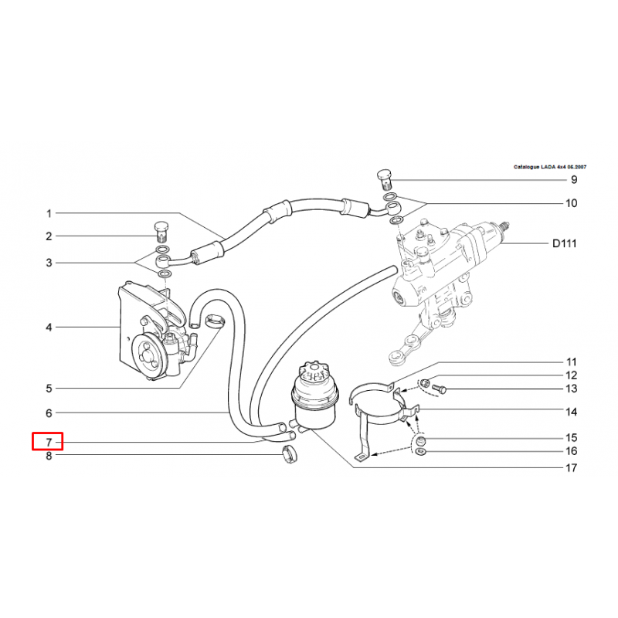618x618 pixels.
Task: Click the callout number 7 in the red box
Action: pyautogui.click(x=49, y=442)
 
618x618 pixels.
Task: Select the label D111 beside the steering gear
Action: pyautogui.click(x=565, y=243)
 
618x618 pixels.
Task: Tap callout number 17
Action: pyautogui.click(x=571, y=468)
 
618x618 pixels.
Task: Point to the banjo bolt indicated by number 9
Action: pyautogui.click(x=385, y=179)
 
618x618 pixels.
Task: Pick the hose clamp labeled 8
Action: pyautogui.click(x=290, y=454)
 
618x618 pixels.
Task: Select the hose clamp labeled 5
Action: pyautogui.click(x=216, y=321)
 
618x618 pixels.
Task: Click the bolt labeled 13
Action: pyautogui.click(x=439, y=389)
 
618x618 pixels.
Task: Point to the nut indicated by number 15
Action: pyautogui.click(x=421, y=440)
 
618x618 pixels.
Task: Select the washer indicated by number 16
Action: pyautogui.click(x=420, y=451)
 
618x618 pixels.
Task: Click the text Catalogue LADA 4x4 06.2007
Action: pyautogui.click(x=550, y=167)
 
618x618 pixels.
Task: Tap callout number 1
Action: pyautogui.click(x=49, y=214)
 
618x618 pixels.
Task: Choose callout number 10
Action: pyautogui.click(x=571, y=203)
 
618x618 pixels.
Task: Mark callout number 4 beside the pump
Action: pyautogui.click(x=49, y=327)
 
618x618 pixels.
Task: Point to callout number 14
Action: pyautogui.click(x=571, y=413)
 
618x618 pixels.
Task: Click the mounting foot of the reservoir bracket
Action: pyautogui.click(x=363, y=457)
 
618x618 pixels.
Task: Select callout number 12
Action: pyautogui.click(x=571, y=375)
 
